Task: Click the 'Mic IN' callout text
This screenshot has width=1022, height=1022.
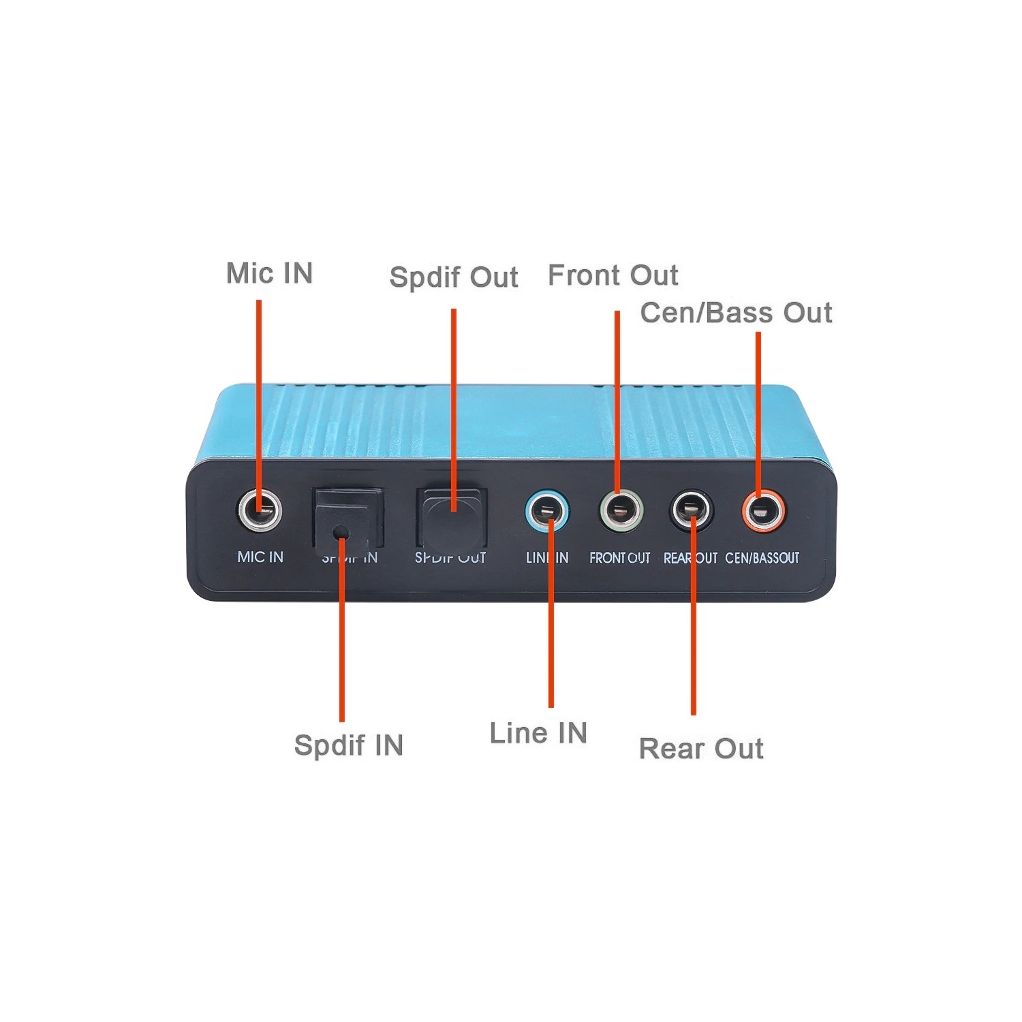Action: point(269,273)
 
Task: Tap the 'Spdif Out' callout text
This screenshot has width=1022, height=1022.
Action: point(454,277)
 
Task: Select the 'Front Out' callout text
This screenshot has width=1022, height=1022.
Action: point(613,275)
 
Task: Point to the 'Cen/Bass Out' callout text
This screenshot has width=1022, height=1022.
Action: point(736,313)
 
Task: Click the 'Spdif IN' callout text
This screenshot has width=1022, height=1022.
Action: point(348,745)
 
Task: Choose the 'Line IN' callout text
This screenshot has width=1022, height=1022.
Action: point(538,733)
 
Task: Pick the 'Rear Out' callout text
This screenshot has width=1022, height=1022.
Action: point(700,748)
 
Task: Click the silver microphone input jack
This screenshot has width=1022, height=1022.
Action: point(260,510)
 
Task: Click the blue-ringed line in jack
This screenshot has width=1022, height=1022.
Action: point(547,511)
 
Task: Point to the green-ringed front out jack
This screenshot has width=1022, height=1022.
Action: point(620,510)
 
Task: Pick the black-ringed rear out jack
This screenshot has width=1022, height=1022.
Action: point(692,510)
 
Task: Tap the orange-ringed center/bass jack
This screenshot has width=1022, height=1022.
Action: point(764,510)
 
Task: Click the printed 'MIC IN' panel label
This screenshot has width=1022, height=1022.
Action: point(260,557)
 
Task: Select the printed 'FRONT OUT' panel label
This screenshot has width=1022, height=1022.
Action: point(619,558)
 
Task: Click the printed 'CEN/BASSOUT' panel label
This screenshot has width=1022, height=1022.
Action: point(762,558)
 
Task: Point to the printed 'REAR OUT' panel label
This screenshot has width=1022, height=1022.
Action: point(690,558)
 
